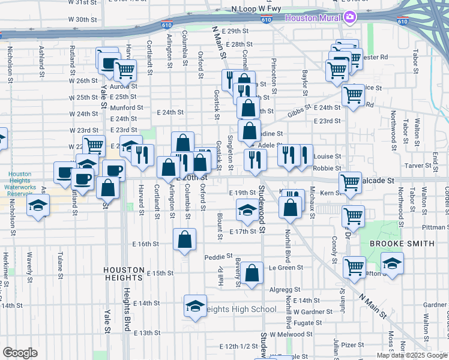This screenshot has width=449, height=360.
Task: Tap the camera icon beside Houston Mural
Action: [x=348, y=17]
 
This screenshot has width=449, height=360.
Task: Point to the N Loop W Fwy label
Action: [x=256, y=9]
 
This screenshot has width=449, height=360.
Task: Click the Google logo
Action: [x=20, y=353]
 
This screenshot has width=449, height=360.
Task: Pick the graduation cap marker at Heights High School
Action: [x=195, y=307]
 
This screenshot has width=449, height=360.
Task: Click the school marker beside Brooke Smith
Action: [x=392, y=263]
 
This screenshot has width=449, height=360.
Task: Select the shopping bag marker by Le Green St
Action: [x=253, y=272]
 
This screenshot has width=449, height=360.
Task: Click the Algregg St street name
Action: [x=280, y=289]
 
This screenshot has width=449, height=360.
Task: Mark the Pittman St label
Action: [x=435, y=228]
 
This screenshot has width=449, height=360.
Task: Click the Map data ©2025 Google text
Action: [x=411, y=355]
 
